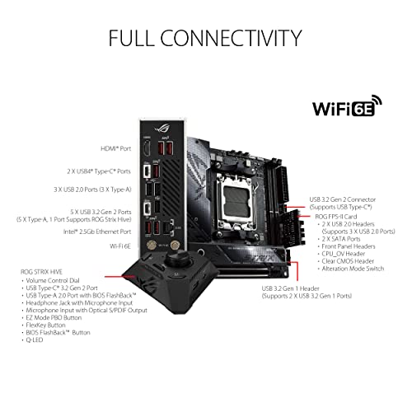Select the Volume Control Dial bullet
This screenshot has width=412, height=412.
[x=57, y=281]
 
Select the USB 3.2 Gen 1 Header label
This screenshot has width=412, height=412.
[x=296, y=288]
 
